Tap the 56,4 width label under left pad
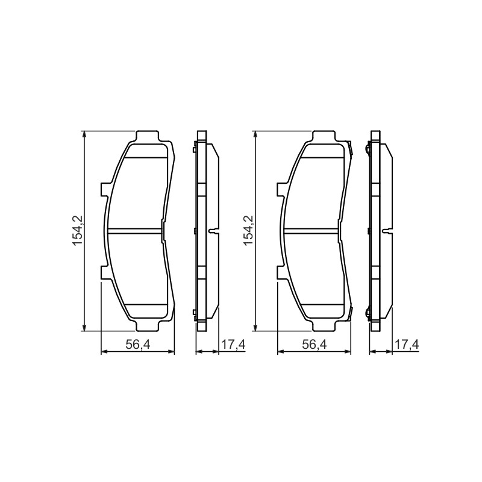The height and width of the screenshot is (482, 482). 137,345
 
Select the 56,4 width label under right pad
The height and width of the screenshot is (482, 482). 314,345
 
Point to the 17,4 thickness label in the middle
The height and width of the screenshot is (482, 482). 233,345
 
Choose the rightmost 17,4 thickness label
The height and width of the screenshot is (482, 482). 407,345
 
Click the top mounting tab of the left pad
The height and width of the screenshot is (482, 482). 148,137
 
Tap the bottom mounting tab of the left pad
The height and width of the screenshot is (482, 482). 148,325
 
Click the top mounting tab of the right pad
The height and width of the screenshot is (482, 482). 324,137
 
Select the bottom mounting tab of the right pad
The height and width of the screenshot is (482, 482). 324,325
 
